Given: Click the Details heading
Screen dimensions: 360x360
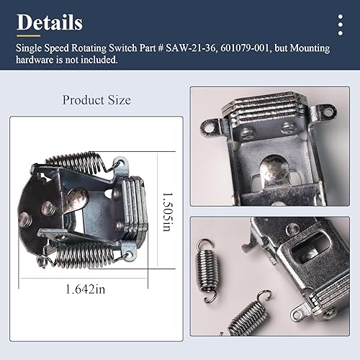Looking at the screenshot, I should coord(50,22).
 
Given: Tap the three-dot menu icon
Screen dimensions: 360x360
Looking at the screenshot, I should coord(340,24).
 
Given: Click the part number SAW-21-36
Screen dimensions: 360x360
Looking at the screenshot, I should coord(189,48).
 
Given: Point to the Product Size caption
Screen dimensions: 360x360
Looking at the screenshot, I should coord(96,100).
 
